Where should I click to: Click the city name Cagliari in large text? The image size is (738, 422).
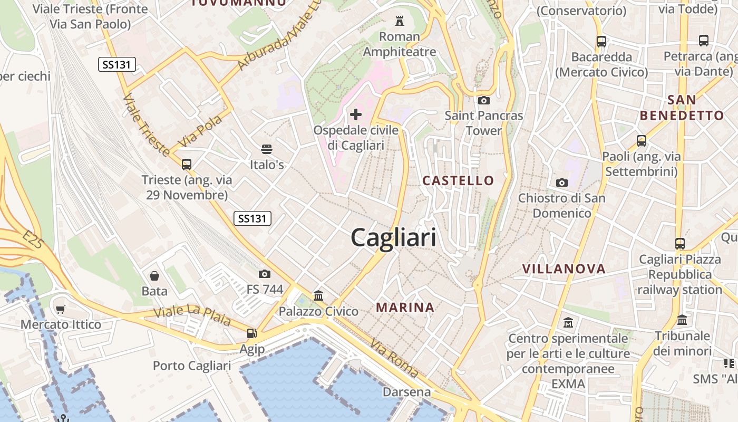393,237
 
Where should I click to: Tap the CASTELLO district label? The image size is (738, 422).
458,180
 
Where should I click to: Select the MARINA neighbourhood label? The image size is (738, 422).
405,307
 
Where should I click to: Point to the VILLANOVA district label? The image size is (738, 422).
564,268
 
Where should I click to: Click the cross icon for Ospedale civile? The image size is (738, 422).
356,114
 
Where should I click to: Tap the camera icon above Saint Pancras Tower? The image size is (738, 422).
483,100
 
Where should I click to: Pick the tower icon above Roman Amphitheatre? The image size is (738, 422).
399,21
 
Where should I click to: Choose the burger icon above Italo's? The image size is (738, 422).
267,149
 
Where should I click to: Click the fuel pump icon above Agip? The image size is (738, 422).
252,333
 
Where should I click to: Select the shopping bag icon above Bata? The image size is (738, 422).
154,275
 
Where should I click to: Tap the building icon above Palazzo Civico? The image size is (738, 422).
318,295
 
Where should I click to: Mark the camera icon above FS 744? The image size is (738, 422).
265,274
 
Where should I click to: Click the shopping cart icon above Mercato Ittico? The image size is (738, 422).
61,309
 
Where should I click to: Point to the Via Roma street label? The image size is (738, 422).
394,358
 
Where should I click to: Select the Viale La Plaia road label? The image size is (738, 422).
192,315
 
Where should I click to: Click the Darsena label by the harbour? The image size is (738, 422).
406,392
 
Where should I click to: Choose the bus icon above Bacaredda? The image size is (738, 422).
601,41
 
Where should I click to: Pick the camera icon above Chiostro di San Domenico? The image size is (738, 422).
561,183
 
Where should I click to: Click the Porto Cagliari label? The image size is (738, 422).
192,366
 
